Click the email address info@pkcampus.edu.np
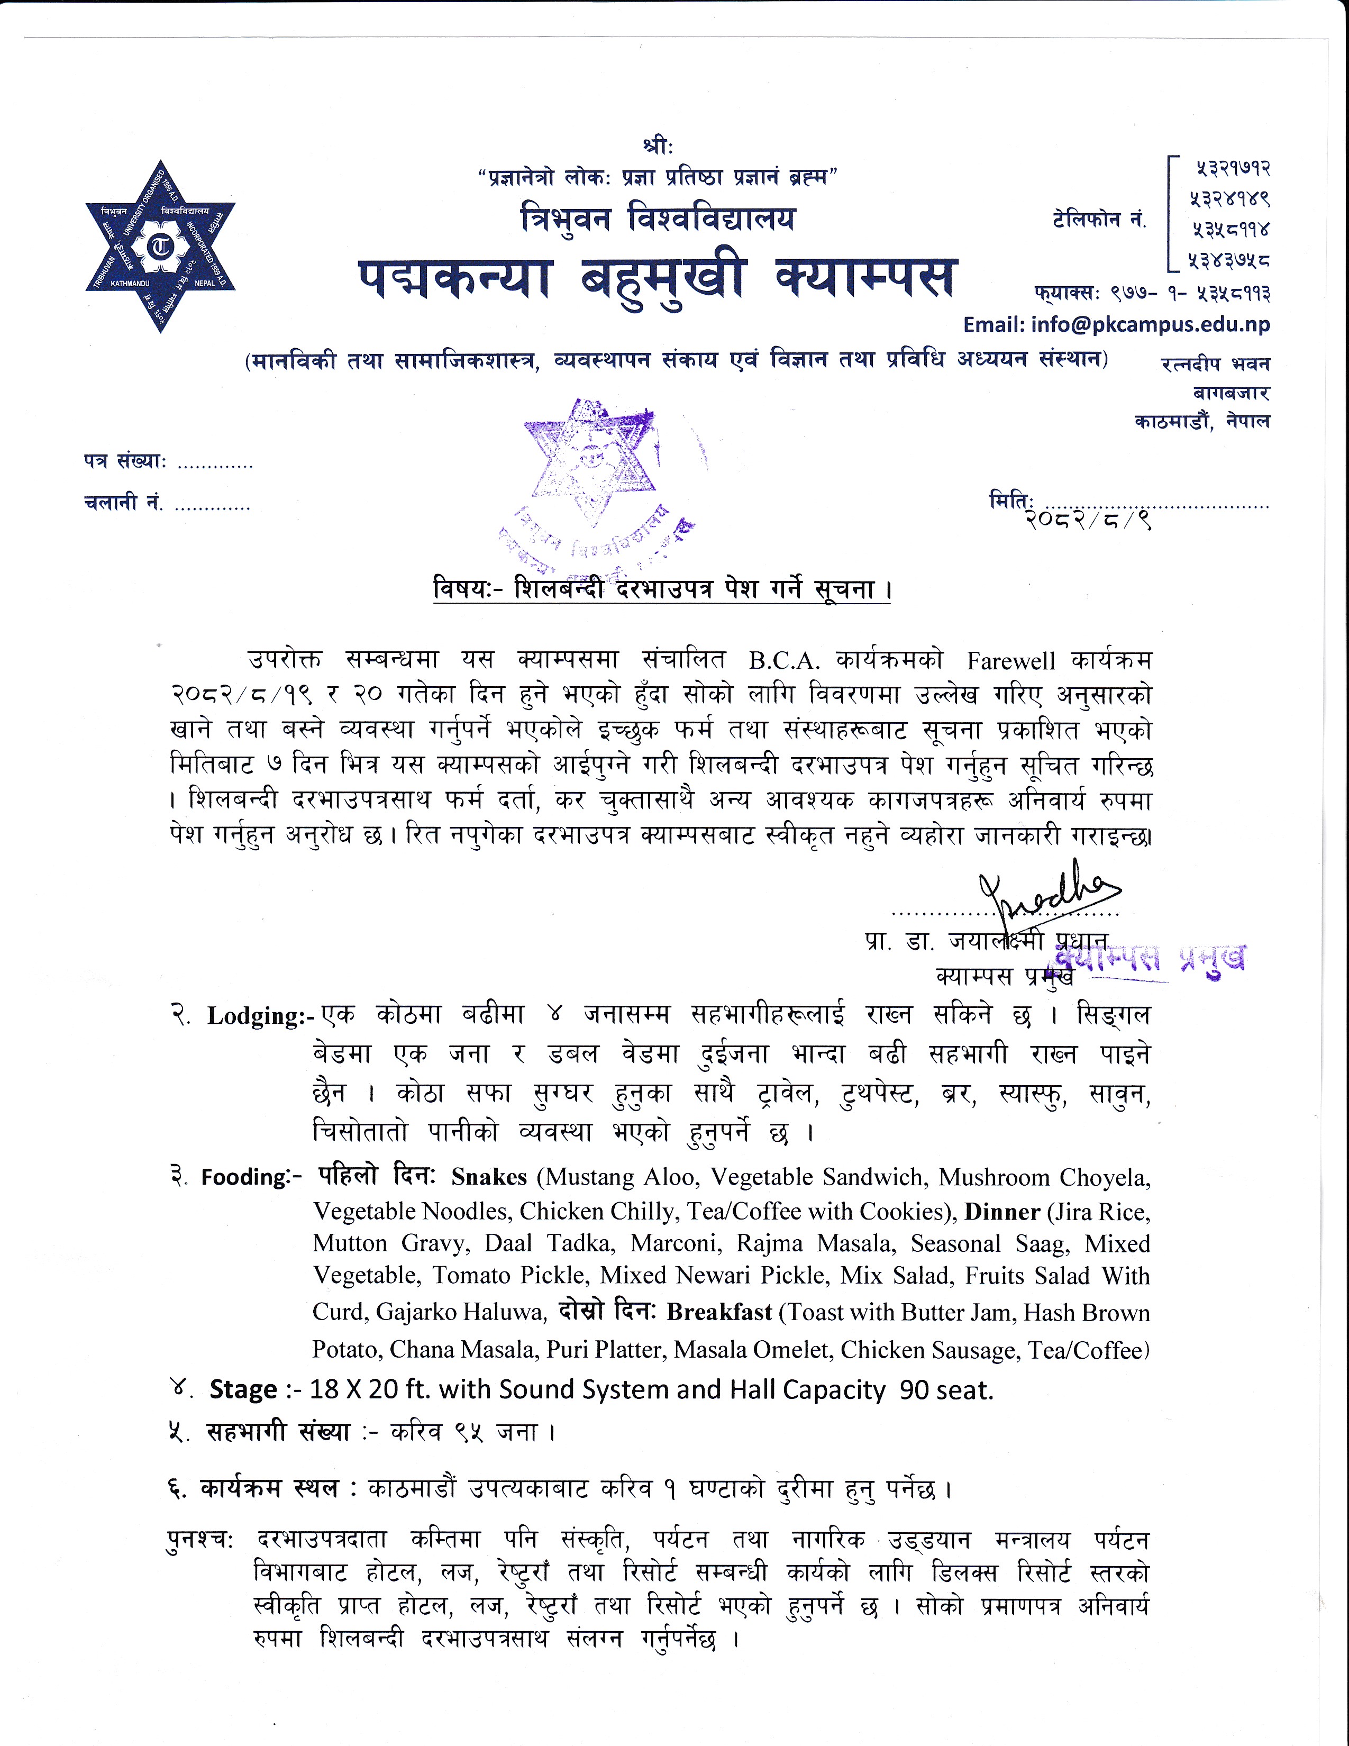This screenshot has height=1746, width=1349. (x=1116, y=324)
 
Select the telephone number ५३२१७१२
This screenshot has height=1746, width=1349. (x=1232, y=169)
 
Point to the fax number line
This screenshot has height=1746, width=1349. (x=1151, y=294)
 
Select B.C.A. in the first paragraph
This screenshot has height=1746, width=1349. (x=785, y=662)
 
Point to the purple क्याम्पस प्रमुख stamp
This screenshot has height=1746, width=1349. (x=1149, y=958)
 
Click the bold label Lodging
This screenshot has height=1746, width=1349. (x=256, y=1016)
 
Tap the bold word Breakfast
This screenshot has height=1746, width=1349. (x=719, y=1313)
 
